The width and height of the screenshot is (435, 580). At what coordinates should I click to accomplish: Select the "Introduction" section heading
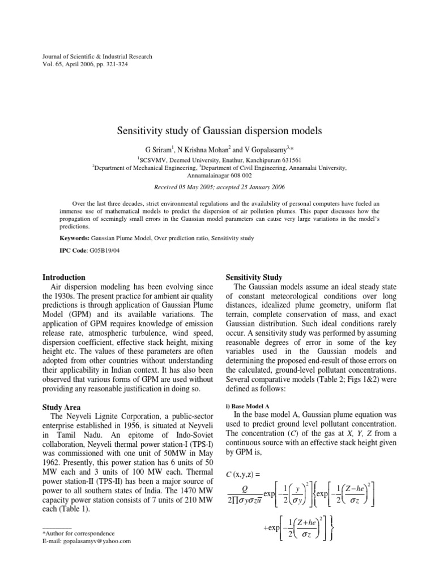65,278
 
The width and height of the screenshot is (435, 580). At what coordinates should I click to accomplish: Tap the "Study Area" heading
62,407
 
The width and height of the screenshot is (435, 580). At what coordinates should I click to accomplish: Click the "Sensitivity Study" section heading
254,278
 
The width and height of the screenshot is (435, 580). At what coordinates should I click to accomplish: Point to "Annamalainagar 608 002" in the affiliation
218,176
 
